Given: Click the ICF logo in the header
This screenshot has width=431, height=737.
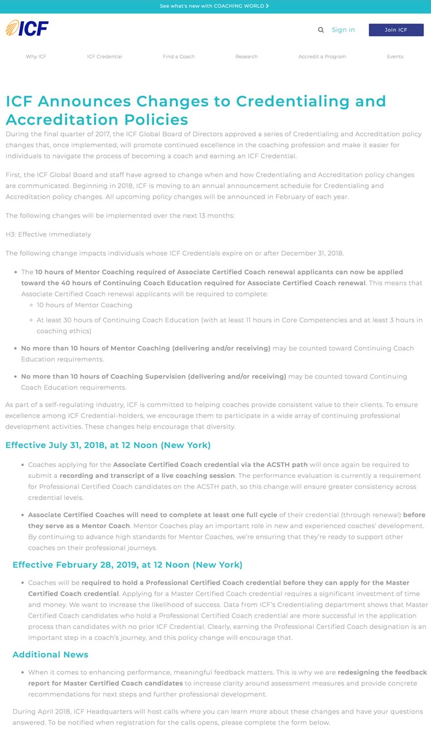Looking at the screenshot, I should tap(27, 28).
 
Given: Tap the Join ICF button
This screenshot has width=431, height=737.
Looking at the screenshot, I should tap(396, 30).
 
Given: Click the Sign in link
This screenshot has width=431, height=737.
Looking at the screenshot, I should tap(343, 30).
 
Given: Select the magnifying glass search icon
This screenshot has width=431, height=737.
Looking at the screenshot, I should tap(321, 30).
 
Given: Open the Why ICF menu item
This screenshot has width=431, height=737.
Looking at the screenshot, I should tap(36, 57).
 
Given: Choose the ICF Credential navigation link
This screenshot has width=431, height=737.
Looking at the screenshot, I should tap(105, 57).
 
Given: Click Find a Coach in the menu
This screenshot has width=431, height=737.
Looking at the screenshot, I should tap(179, 57).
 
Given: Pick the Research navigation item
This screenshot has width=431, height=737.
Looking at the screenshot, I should tap(247, 57).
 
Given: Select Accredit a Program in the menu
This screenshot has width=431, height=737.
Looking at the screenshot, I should tap(322, 57).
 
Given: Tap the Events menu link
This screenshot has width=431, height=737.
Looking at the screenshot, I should tap(395, 57).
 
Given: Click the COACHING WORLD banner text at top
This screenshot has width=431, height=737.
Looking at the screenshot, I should tap(214, 6).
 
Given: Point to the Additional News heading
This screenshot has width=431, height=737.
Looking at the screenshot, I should tap(51, 654).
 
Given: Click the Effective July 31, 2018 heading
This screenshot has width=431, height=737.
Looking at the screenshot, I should tap(108, 445).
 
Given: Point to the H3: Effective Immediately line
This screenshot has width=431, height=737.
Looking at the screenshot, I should tap(48, 234).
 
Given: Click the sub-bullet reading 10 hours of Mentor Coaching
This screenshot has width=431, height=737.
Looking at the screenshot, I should tap(84, 305).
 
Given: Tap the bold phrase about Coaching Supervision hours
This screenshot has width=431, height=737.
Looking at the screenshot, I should tap(153, 377).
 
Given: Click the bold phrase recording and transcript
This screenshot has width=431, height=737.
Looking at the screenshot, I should tap(147, 476).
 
